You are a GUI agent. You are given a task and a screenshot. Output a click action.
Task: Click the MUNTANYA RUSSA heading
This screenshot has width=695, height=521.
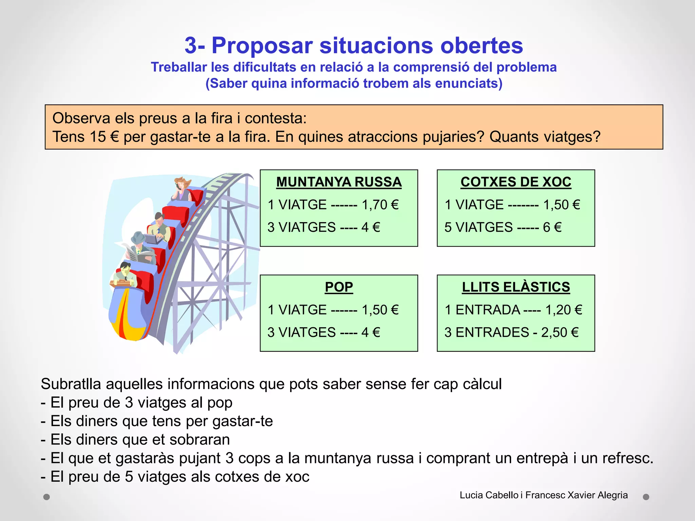[339, 182]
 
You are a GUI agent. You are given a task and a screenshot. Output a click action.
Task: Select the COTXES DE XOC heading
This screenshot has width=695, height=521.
[516, 182]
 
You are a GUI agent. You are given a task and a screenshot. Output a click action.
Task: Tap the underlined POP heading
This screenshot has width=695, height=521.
[339, 287]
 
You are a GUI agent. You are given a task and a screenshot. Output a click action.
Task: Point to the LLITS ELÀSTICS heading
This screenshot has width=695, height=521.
[516, 287]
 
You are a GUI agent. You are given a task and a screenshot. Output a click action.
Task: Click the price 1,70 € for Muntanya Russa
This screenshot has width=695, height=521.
[380, 205]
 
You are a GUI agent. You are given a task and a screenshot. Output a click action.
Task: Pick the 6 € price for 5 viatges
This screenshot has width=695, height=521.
[552, 227]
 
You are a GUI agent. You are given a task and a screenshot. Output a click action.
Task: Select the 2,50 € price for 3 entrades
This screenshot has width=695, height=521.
[560, 332]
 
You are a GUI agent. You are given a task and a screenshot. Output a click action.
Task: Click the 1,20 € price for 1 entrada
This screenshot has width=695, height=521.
[564, 310]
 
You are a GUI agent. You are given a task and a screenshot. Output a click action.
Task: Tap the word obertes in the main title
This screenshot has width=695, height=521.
[482, 45]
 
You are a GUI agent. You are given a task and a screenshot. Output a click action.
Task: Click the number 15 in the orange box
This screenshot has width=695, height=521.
[99, 137]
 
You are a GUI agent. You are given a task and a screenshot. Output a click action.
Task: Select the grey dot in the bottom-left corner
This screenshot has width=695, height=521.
[47, 497]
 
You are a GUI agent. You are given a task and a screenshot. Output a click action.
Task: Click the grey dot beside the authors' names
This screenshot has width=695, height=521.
[646, 497]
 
